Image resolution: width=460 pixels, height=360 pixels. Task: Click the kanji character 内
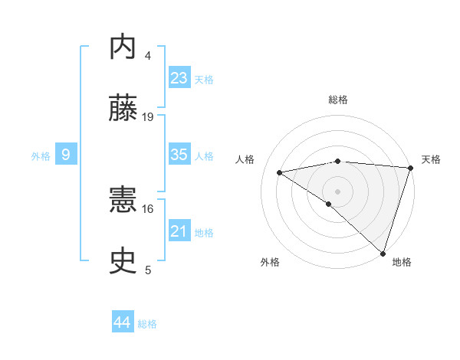[123, 47]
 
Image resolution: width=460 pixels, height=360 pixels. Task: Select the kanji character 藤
[123, 110]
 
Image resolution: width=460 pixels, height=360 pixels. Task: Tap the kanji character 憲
[123, 201]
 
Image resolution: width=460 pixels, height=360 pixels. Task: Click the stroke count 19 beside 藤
[148, 117]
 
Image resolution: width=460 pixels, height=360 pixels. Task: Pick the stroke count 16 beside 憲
[148, 208]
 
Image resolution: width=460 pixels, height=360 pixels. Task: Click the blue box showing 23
[179, 78]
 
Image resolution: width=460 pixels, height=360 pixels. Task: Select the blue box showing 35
[179, 155]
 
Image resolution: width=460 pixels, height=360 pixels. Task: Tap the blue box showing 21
[179, 231]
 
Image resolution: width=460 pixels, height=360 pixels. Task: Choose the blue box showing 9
[66, 155]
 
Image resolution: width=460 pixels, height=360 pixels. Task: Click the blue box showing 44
[122, 322]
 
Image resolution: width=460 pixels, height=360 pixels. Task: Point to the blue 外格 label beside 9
[41, 156]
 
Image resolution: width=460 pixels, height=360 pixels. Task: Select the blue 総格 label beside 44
[148, 324]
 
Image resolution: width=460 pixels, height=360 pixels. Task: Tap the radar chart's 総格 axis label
[338, 100]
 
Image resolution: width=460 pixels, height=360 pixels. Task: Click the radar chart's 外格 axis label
[270, 262]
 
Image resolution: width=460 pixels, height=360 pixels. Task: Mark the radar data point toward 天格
[411, 169]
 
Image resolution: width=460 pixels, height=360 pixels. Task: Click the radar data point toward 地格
[383, 254]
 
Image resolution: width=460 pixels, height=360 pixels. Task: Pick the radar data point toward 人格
[280, 172]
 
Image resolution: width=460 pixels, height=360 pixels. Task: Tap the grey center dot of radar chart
[337, 190]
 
